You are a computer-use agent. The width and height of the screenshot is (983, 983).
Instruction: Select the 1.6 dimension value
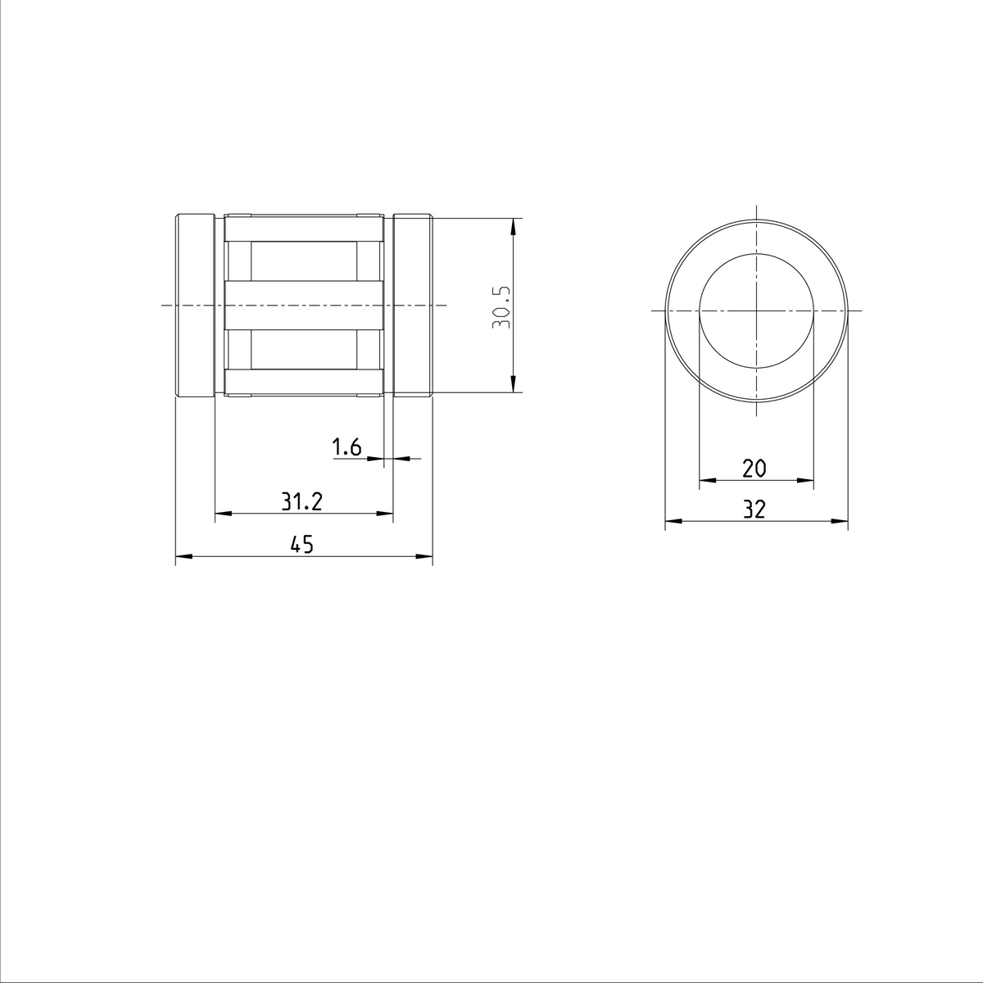[347, 447]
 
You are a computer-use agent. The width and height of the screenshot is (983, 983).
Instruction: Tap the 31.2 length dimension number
[302, 502]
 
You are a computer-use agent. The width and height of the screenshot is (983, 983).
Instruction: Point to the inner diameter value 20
[754, 469]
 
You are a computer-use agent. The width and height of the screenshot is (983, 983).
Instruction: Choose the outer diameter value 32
[754, 510]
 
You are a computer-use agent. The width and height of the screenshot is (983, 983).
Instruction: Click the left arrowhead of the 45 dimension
[183, 557]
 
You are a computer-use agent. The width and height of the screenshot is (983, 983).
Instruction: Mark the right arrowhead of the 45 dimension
[425, 557]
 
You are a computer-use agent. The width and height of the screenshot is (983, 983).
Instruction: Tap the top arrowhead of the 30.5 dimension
[513, 226]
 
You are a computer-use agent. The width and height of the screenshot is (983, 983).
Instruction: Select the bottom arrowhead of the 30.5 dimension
[513, 385]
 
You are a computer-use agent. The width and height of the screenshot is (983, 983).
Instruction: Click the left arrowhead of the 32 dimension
[672, 520]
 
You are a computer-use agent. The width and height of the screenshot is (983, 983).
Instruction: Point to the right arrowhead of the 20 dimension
[807, 480]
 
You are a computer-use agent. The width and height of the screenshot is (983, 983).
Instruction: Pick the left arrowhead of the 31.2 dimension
[222, 514]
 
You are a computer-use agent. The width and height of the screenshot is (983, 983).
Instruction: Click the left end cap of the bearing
[196, 306]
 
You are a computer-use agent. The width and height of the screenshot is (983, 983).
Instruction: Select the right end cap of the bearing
[412, 306]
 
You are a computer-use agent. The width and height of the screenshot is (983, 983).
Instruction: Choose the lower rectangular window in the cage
[303, 350]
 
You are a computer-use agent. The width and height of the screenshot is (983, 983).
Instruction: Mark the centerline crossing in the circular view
[756, 311]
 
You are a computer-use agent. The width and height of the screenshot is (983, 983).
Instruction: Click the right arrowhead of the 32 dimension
[840, 520]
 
